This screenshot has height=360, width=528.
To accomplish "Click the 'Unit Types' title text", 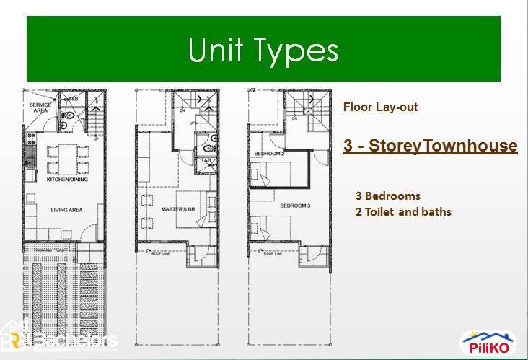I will pos(263,51).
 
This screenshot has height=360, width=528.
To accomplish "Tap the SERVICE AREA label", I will pos(39,107).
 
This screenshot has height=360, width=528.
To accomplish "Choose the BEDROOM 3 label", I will pos(296,206).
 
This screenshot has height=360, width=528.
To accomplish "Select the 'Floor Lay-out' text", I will pos(380,107).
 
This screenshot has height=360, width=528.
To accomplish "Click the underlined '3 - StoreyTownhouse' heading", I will pos(431,146).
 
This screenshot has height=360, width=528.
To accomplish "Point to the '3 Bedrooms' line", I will pos(387,196).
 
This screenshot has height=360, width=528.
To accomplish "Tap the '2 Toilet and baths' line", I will pos(403,212).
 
